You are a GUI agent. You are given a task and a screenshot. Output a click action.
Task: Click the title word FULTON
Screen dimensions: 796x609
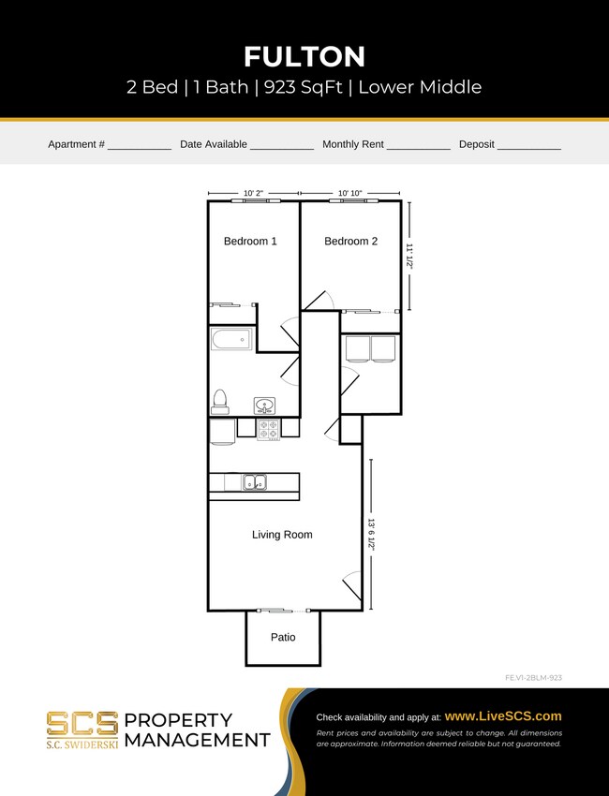304,57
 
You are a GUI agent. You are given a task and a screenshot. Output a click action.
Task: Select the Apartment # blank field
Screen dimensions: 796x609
139,145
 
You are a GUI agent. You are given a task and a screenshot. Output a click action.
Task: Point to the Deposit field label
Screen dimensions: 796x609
476,144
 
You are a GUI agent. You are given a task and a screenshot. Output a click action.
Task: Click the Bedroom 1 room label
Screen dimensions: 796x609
250,242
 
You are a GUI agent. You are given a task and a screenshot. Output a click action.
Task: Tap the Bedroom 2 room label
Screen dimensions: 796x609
350,242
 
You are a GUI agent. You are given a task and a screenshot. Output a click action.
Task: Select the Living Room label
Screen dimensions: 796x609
282,535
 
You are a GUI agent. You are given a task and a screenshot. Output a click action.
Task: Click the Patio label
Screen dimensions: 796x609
283,638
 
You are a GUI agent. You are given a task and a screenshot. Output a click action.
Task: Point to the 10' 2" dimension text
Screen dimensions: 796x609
254,193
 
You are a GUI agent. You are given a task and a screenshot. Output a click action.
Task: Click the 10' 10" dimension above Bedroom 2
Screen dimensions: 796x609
350,193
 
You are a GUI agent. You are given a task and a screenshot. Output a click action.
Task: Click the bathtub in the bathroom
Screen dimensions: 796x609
231,339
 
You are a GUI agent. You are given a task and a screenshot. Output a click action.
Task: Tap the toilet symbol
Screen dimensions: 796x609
220,401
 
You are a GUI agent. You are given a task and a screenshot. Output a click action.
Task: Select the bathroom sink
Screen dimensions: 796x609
265,405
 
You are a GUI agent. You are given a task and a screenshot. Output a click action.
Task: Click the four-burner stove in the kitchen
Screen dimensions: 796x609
269,429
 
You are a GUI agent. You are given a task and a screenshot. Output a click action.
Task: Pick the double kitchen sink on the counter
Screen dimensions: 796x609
254,482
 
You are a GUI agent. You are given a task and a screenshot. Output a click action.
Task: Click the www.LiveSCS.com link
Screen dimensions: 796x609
503,715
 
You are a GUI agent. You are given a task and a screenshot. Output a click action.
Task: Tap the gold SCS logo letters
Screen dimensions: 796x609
82,724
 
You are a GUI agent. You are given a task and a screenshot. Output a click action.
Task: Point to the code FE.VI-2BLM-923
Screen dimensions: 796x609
532,677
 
